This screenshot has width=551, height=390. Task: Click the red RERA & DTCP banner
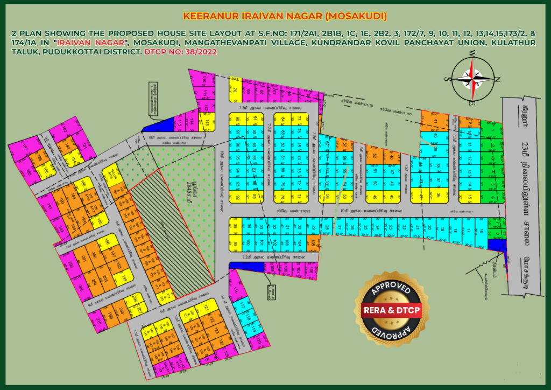[x=387, y=310]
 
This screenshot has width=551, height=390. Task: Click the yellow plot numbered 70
[x=235, y=90]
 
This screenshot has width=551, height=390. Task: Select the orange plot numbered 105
[x=313, y=242]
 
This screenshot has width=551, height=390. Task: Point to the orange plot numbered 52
[x=375, y=156]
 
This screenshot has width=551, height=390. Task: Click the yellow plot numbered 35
[x=235, y=227]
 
